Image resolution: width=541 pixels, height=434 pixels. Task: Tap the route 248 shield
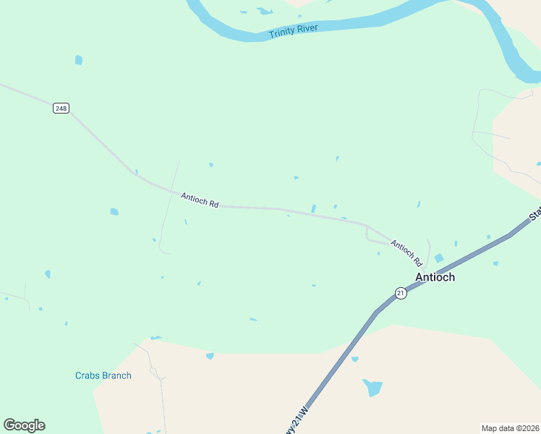tap(61, 109)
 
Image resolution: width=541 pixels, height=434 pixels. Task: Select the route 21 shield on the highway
tap(401, 292)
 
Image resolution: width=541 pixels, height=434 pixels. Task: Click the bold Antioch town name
tap(435, 277)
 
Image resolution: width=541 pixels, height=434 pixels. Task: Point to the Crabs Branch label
tap(103, 375)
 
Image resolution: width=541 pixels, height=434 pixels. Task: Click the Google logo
tap(24, 425)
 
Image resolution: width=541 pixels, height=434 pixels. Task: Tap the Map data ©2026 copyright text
tap(511, 427)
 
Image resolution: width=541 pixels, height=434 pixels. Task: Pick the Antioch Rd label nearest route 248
tap(200, 200)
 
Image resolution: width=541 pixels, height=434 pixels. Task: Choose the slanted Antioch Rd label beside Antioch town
tap(406, 252)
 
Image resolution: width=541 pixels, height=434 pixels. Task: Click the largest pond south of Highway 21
tap(372, 387)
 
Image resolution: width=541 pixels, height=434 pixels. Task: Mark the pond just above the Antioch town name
tap(439, 258)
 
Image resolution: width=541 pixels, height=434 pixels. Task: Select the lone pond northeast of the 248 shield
tap(78, 60)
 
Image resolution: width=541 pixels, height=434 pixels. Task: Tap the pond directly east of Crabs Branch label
tap(210, 356)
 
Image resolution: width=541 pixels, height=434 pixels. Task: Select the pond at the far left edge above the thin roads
tap(48, 274)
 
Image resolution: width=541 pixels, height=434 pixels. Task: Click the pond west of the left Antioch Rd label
tap(114, 212)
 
